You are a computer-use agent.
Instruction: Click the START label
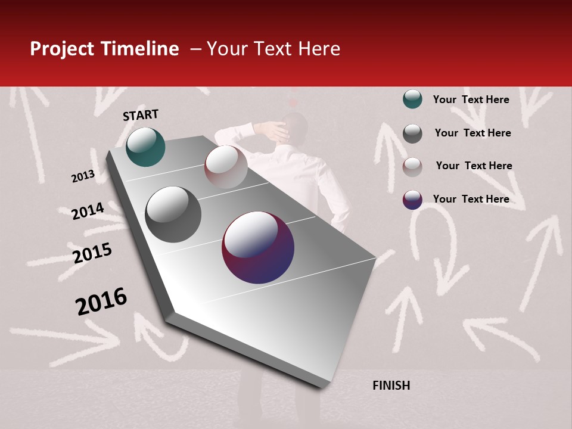click(141, 115)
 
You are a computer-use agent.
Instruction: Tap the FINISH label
click(391, 386)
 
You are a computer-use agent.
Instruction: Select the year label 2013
click(83, 176)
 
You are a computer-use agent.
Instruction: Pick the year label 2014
click(88, 212)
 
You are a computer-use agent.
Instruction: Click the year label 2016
click(101, 301)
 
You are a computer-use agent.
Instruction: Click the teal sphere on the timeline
click(145, 147)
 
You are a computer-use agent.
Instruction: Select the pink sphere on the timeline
click(226, 166)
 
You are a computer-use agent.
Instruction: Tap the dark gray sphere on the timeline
click(173, 214)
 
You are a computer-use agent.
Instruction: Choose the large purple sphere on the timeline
click(258, 247)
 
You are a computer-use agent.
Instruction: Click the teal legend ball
click(412, 100)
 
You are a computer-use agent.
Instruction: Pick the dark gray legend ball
click(412, 133)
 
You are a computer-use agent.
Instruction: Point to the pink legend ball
click(412, 167)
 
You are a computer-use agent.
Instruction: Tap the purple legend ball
click(412, 200)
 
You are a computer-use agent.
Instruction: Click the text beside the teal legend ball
click(471, 100)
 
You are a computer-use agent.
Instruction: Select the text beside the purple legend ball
click(471, 199)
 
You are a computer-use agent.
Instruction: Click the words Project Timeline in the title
click(104, 49)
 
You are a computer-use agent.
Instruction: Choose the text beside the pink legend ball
click(474, 166)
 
